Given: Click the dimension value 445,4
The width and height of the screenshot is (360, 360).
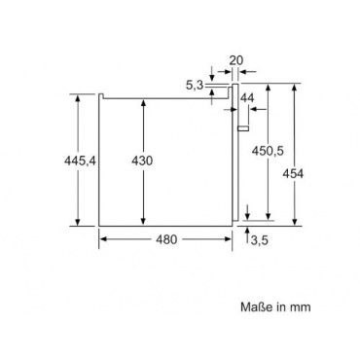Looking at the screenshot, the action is pyautogui.click(x=81, y=161).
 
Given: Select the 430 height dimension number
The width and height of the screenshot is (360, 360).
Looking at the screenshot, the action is pyautogui.click(x=142, y=161).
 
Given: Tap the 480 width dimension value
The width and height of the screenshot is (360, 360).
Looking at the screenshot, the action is pyautogui.click(x=166, y=239).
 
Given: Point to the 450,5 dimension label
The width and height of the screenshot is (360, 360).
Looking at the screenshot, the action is pyautogui.click(x=269, y=151).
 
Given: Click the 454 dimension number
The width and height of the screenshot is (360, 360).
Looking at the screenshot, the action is pyautogui.click(x=293, y=174).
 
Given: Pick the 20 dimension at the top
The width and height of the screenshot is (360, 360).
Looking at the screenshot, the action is pyautogui.click(x=236, y=60).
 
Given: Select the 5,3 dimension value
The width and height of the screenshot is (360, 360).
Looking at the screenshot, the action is pyautogui.click(x=195, y=86).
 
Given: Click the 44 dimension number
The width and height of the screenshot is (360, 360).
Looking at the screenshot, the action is pyautogui.click(x=247, y=98).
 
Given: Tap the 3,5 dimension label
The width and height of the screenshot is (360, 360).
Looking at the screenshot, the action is pyautogui.click(x=260, y=240).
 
